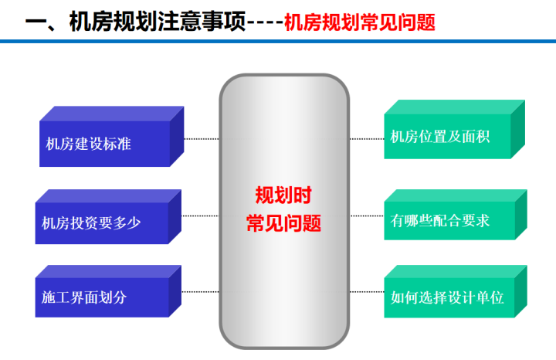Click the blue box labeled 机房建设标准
[111, 137]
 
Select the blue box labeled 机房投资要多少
[108, 217]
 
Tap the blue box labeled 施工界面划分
[108, 291]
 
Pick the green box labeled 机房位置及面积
[455, 130]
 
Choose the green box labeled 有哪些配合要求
[456, 215]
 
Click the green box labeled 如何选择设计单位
[456, 291]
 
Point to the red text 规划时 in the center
[283, 195]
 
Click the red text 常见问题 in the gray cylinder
[283, 223]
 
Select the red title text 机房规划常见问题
[360, 22]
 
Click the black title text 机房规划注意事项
[158, 22]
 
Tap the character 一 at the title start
[36, 22]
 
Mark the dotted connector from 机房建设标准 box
[202, 139]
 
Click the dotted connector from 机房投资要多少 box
[200, 216]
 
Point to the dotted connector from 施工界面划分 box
[200, 292]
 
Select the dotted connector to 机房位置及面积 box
[367, 139]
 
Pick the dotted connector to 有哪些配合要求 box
[367, 216]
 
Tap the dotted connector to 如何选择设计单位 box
[367, 292]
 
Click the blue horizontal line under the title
[278, 42]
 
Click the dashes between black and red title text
[265, 23]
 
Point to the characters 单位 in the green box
[490, 297]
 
